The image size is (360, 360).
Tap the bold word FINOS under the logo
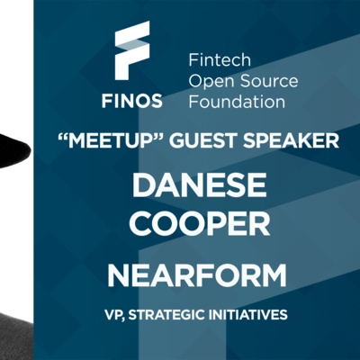point(132,101)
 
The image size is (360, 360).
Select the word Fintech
point(220,60)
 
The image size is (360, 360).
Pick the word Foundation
point(237,102)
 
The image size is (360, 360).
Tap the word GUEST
point(204,140)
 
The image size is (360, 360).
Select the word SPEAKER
point(292,140)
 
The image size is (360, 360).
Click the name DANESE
point(199,184)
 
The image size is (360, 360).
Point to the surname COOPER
point(200,224)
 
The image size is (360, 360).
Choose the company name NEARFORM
point(197,275)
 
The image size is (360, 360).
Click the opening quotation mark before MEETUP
point(62,136)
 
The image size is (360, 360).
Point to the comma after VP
point(123,319)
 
